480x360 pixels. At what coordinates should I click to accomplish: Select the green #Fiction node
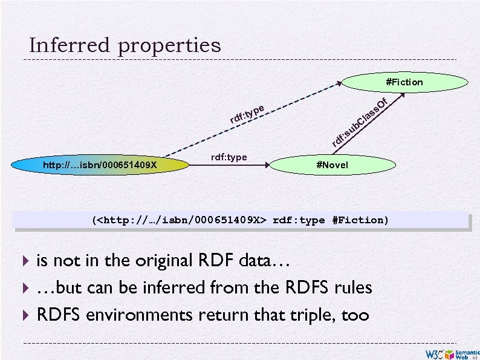[404, 82]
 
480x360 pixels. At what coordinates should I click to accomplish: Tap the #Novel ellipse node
[332, 165]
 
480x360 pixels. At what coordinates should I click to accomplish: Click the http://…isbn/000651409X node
[100, 165]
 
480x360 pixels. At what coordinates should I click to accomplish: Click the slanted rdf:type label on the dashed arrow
[247, 113]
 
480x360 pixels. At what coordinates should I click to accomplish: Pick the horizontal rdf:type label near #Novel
[229, 157]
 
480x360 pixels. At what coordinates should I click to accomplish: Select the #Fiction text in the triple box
[360, 220]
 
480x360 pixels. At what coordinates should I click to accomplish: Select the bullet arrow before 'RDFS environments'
[25, 315]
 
